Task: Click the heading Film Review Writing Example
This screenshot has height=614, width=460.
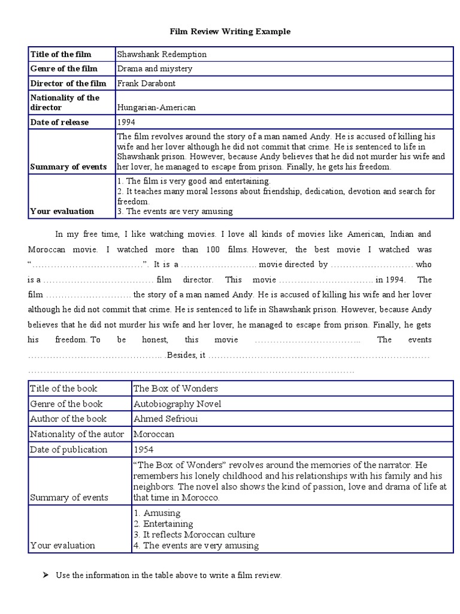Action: click(230, 31)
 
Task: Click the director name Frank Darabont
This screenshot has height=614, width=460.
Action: click(147, 83)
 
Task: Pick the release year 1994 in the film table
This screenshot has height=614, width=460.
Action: click(126, 122)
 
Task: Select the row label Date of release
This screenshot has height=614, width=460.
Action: click(59, 122)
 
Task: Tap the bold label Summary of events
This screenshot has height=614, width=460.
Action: click(68, 167)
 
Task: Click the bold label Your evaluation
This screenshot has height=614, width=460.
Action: click(62, 211)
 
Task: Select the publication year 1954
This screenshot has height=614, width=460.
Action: click(144, 449)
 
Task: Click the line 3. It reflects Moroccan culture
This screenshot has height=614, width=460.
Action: click(195, 534)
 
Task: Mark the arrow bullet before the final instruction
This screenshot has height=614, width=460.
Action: click(46, 575)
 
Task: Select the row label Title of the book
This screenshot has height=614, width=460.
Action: click(63, 389)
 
